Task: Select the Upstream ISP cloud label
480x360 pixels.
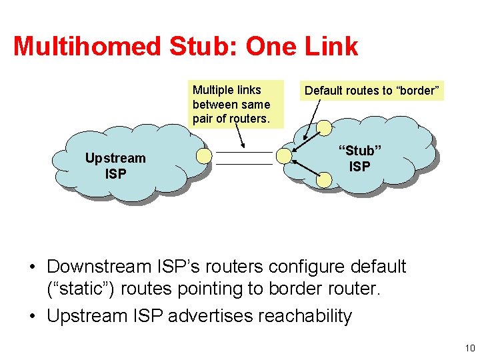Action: coord(115,166)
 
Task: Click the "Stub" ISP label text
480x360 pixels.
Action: coord(359,158)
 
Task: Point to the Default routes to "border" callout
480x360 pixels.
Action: coord(373,91)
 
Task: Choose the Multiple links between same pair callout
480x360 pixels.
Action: coord(231,105)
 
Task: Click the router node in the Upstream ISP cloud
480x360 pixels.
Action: coord(205,156)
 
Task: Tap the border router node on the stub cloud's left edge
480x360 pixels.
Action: coord(284,156)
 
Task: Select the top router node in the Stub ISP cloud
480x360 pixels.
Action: coord(324,127)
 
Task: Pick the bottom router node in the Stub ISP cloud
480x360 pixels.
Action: coord(324,179)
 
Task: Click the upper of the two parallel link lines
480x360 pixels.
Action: coord(245,152)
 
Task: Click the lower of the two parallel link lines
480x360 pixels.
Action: coord(245,163)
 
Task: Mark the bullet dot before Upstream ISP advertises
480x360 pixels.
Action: coord(31,315)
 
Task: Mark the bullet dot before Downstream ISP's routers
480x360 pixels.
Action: coord(31,267)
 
